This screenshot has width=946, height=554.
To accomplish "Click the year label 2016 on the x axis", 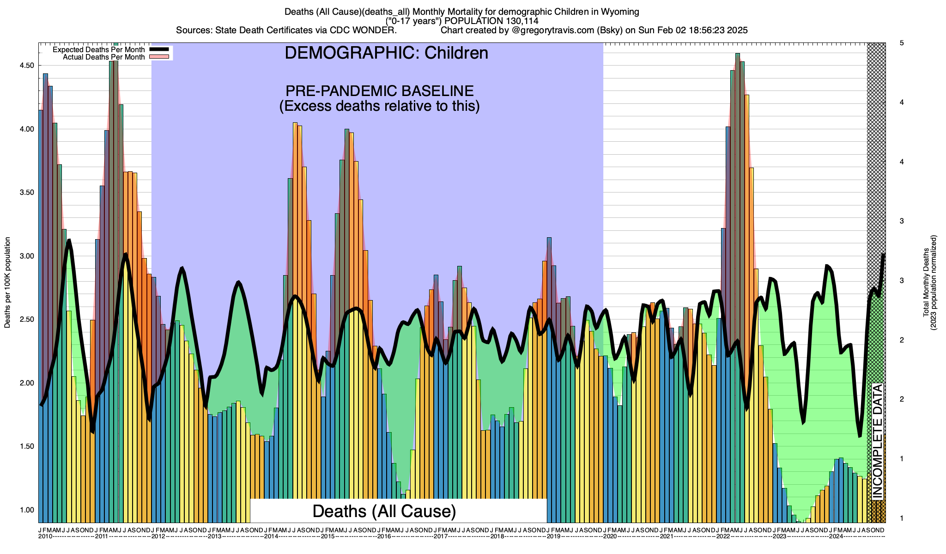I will coord(384,536).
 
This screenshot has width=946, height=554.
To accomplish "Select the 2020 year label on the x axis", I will coord(610,536).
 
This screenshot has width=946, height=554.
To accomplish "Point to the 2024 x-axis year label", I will coord(836,536).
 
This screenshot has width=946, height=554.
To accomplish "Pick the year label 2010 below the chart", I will coord(45,536).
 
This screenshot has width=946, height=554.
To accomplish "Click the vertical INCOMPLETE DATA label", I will coord(878,441).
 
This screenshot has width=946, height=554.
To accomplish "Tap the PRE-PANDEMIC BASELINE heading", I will coord(379,90).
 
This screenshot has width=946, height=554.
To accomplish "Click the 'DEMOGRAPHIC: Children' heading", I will coord(386,53).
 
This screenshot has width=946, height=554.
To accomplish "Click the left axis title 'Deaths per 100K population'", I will coord(7,283).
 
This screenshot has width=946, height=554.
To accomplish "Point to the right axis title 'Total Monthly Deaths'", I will coord(926,283).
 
